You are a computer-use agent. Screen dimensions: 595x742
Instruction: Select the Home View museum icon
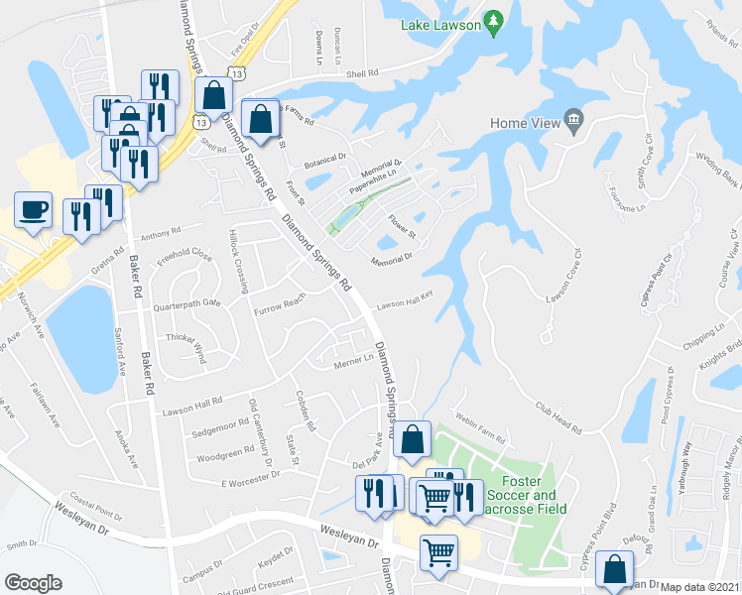point(573,122)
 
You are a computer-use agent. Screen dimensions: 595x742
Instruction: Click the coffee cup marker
point(33,210)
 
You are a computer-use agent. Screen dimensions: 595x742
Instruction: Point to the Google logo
point(33,583)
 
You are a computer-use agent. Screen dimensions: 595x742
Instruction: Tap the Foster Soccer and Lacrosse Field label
point(529,502)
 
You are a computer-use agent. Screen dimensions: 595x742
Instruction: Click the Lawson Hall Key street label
point(405,300)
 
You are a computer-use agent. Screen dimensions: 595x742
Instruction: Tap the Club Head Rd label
point(558,415)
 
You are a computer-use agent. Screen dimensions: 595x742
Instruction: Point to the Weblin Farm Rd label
point(480,427)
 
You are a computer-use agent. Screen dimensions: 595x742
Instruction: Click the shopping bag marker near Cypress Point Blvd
point(614,570)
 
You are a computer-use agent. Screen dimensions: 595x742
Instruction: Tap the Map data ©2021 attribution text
point(700,587)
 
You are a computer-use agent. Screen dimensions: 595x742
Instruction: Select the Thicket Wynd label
point(185,343)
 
